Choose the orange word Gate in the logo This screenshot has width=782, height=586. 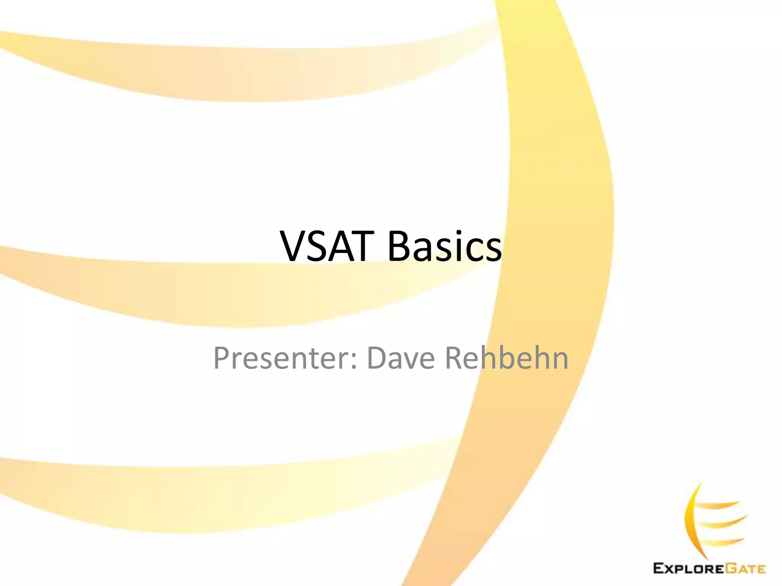[x=745, y=568]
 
